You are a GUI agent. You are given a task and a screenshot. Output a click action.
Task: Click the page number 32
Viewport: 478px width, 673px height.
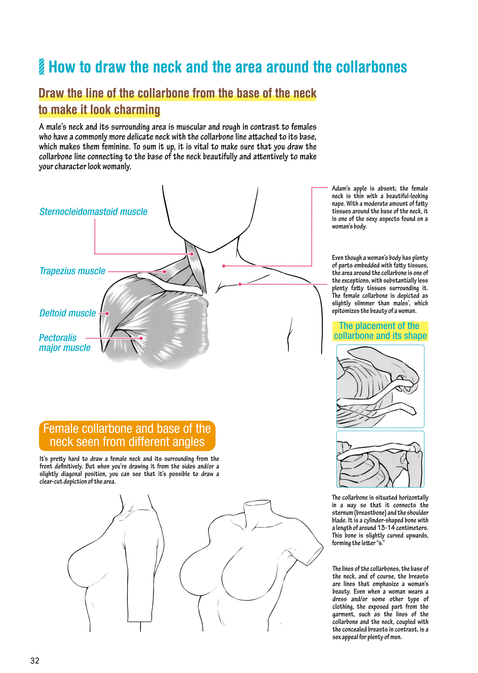tap(35, 661)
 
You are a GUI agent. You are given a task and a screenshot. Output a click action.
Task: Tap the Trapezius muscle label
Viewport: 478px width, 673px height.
tap(72, 271)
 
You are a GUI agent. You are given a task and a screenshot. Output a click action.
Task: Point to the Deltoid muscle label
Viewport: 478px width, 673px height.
tap(68, 313)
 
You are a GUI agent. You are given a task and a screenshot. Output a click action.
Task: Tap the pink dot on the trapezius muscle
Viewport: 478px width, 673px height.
tap(165, 272)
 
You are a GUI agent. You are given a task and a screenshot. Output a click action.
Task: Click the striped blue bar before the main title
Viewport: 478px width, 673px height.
tap(41, 67)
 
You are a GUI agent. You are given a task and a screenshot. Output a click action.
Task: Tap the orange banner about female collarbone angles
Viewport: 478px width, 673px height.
tap(127, 436)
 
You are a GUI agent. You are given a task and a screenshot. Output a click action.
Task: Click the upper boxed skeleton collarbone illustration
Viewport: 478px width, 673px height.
tap(380, 386)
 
